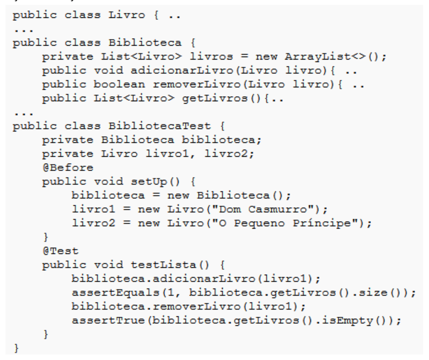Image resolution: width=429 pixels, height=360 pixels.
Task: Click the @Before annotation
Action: tap(68, 168)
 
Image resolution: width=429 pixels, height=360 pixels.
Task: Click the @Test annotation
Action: tap(61, 251)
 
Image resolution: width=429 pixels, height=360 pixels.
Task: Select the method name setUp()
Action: tap(155, 181)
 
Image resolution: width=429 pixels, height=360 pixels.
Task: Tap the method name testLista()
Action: tap(170, 265)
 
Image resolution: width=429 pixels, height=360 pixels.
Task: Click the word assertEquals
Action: tap(116, 293)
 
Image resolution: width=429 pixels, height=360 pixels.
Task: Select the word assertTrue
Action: tap(108, 320)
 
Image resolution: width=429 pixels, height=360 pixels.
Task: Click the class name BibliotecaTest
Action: tap(160, 126)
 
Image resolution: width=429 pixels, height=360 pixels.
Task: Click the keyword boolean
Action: tap(120, 84)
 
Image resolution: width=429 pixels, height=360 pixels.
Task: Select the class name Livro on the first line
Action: tap(126, 15)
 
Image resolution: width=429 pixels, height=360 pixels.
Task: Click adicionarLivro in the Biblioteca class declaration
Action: tap(182, 70)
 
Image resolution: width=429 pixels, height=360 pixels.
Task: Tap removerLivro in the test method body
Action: tap(196, 306)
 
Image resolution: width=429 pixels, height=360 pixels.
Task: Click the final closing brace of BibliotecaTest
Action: tap(17, 349)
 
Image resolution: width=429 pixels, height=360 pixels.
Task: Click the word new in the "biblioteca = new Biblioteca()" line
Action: tap(178, 195)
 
